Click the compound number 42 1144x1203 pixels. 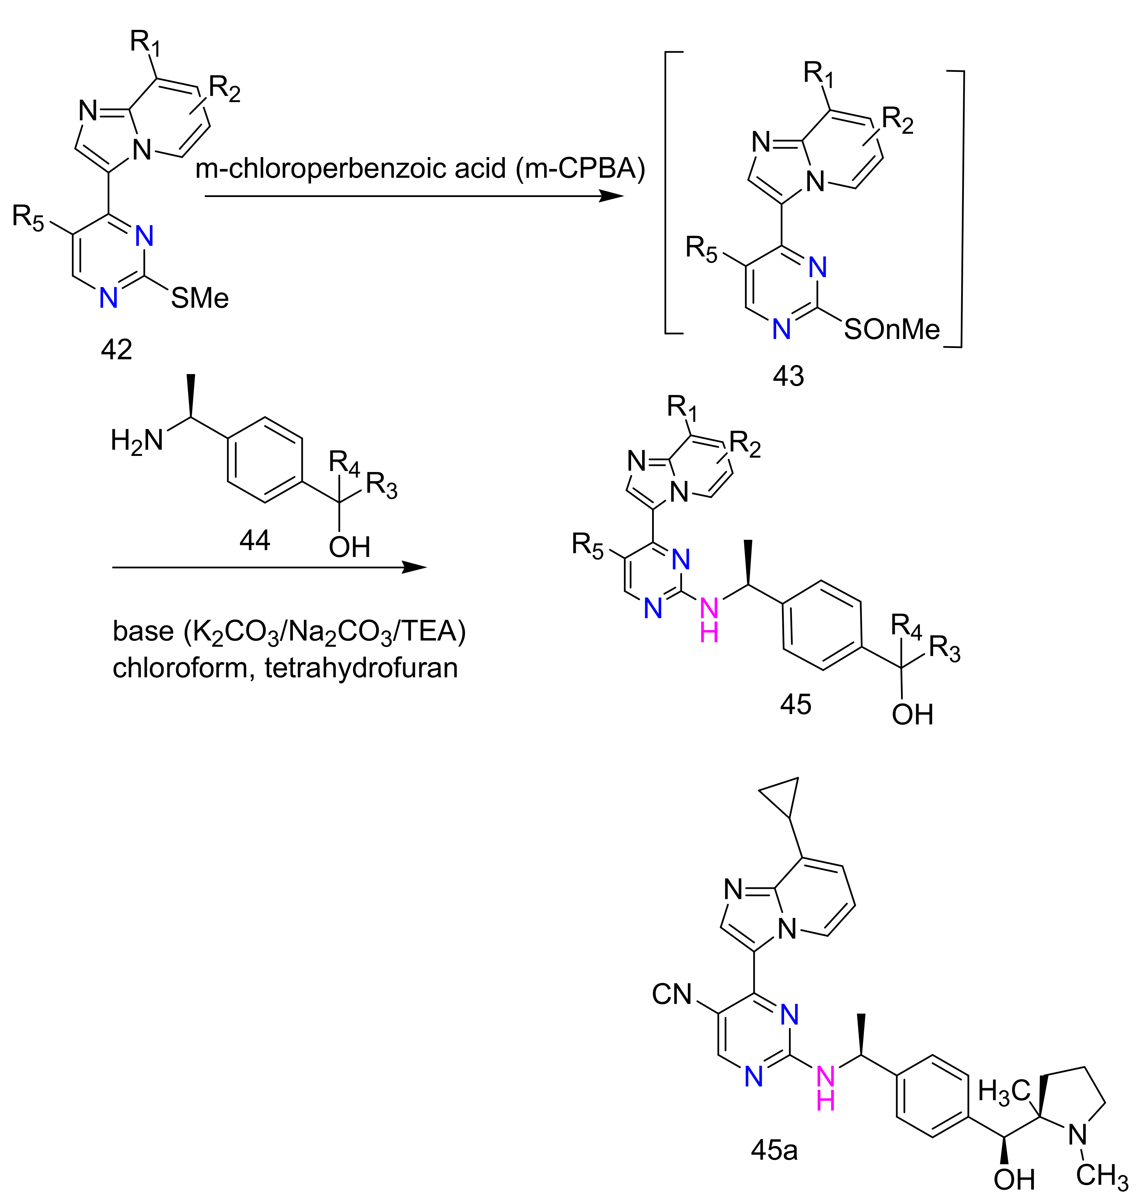pyautogui.click(x=117, y=350)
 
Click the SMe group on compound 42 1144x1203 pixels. pyautogui.click(x=199, y=298)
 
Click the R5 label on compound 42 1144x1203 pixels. pyautogui.click(x=29, y=217)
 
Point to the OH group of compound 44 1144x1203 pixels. pyautogui.click(x=349, y=547)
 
